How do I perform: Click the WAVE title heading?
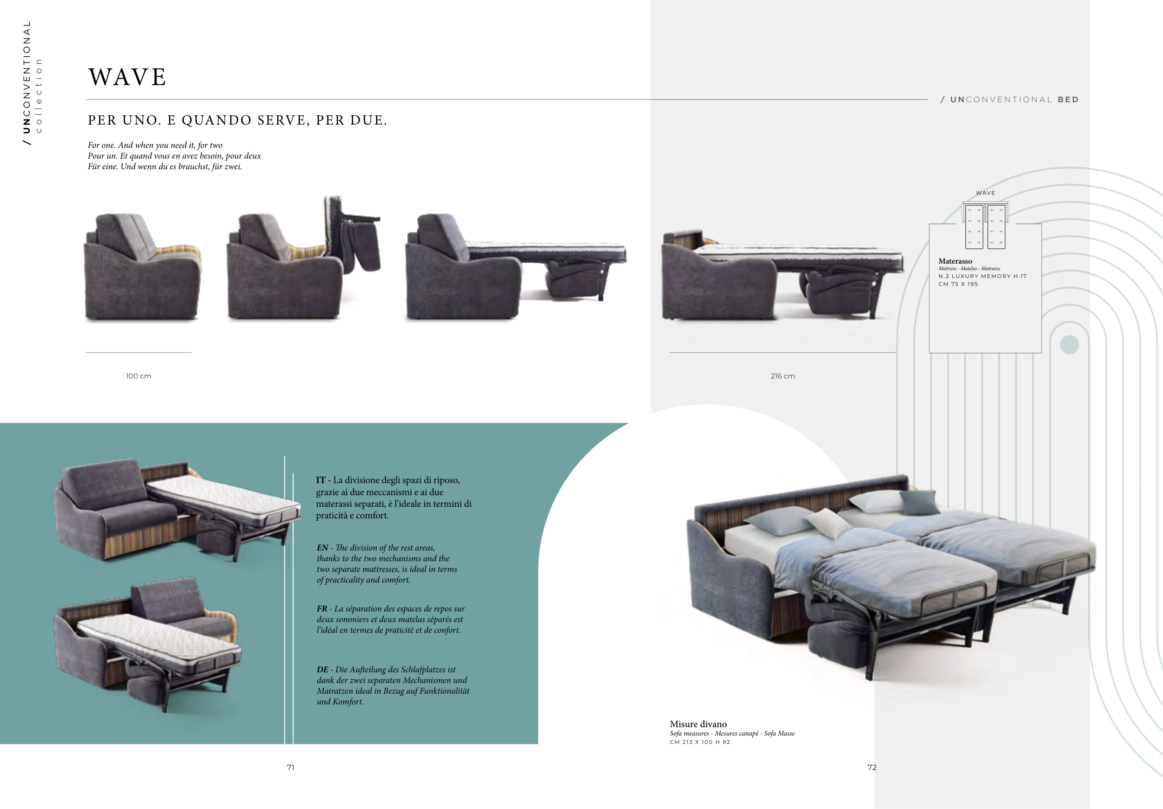click(x=127, y=78)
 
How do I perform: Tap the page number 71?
click(x=291, y=768)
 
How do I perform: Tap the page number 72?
click(x=872, y=768)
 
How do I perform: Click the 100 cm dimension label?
click(x=138, y=376)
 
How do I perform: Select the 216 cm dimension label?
click(x=782, y=376)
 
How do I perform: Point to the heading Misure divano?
click(x=698, y=724)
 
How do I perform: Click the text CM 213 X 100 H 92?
click(x=700, y=742)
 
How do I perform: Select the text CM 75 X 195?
click(x=958, y=284)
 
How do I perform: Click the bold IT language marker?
click(x=321, y=480)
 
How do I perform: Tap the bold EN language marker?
click(x=322, y=548)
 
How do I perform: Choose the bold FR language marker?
click(x=322, y=609)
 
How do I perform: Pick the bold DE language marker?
click(x=323, y=669)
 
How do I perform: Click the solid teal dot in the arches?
click(x=1069, y=345)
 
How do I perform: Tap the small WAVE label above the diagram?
click(x=985, y=193)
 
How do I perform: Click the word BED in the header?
click(x=1068, y=100)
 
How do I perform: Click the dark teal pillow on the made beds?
click(x=919, y=503)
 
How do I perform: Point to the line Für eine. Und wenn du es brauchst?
click(x=165, y=166)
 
